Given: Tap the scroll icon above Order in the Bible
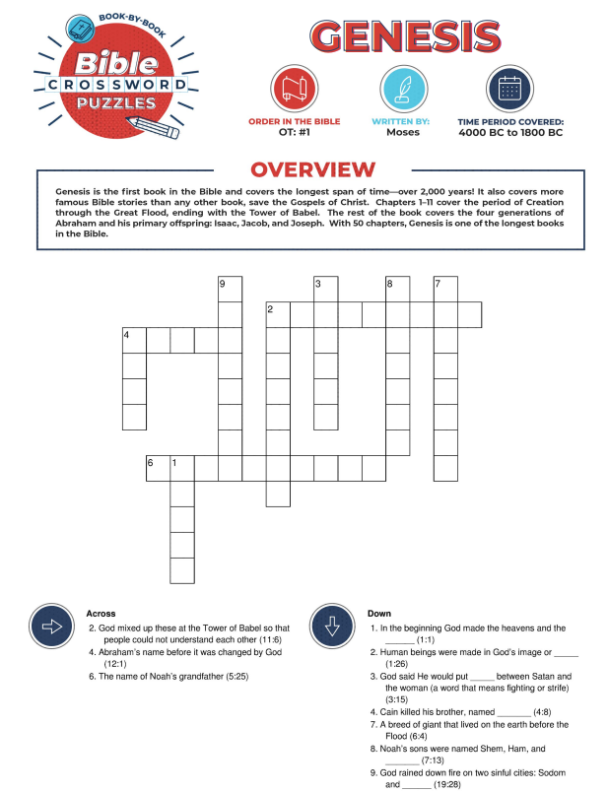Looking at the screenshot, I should (x=294, y=89).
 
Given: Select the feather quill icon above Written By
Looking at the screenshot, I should (x=402, y=89).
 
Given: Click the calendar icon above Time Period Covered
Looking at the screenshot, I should (x=510, y=89).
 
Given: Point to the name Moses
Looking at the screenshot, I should (x=402, y=132).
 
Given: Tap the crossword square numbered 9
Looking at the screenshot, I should (x=230, y=290).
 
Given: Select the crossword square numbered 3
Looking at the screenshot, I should (x=326, y=290).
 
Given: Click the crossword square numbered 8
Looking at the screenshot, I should (x=397, y=290).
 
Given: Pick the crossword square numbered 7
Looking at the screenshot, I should (x=445, y=290).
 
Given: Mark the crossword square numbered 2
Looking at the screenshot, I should (x=278, y=314).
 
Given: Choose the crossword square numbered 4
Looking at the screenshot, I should (x=134, y=340).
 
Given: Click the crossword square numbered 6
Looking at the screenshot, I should (x=158, y=467).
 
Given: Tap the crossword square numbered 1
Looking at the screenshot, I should (x=182, y=467).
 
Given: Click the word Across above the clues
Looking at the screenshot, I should (x=101, y=613).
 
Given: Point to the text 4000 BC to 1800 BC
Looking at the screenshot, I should (x=510, y=132).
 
